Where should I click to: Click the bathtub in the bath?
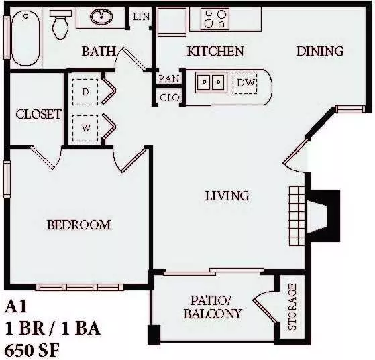click(x=25, y=38)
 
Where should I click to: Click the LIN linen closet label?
click(x=142, y=17)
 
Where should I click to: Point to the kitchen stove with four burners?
click(x=215, y=19)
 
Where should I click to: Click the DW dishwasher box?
click(x=245, y=82)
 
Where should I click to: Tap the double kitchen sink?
click(x=211, y=82)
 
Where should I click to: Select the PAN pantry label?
click(x=169, y=78)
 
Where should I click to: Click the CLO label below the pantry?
click(x=169, y=97)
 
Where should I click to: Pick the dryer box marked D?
click(x=85, y=92)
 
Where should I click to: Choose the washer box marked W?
click(x=85, y=128)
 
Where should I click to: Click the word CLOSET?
click(x=39, y=114)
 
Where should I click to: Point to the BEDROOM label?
click(x=78, y=225)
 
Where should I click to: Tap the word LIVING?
click(x=227, y=196)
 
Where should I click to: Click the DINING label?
click(x=320, y=51)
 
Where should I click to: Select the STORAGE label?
click(x=292, y=306)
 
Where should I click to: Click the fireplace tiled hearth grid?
click(x=297, y=216)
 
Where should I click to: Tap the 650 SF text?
click(x=32, y=351)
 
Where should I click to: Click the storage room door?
click(x=266, y=309)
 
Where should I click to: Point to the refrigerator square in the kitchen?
click(x=172, y=22)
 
